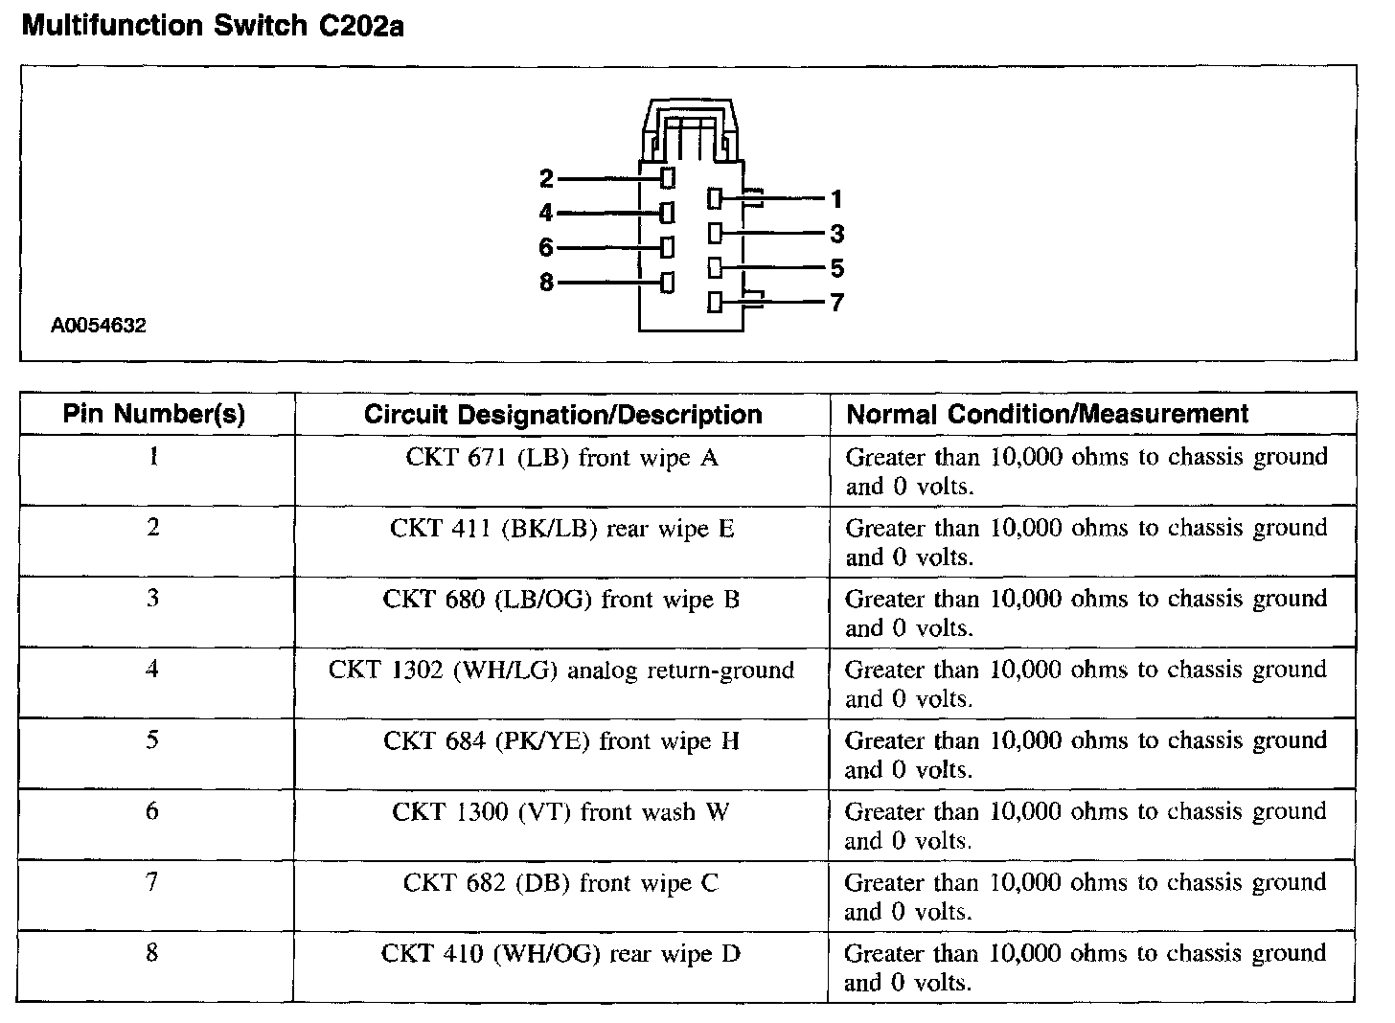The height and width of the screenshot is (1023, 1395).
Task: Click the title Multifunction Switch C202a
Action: click(x=212, y=26)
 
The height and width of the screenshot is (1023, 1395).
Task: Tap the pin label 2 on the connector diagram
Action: click(x=546, y=178)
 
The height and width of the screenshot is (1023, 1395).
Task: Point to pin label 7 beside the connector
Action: click(x=836, y=303)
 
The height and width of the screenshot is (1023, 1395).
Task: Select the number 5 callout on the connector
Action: click(x=836, y=268)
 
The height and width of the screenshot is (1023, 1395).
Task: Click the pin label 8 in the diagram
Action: click(x=546, y=284)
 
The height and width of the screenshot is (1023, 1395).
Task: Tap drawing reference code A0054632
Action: click(x=99, y=326)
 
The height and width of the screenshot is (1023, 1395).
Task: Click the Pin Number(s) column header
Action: click(x=154, y=414)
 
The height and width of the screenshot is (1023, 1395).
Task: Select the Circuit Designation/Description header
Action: click(x=562, y=415)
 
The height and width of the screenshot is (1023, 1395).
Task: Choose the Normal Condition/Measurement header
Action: click(x=1047, y=414)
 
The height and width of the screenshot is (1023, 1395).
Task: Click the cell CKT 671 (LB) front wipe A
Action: click(x=561, y=458)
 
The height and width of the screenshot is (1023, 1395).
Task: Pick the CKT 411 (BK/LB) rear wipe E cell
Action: click(x=561, y=529)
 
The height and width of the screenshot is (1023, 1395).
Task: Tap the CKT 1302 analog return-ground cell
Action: click(x=561, y=670)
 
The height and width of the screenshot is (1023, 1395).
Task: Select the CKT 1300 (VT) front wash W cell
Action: click(x=561, y=812)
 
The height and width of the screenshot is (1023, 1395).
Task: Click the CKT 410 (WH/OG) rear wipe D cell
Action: click(x=561, y=954)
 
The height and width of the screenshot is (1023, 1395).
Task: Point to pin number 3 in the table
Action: click(x=153, y=599)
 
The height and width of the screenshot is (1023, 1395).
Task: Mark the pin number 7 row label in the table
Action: click(x=152, y=881)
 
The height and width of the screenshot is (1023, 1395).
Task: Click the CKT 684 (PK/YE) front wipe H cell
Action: click(x=561, y=741)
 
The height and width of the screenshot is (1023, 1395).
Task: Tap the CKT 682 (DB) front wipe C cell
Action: click(x=561, y=883)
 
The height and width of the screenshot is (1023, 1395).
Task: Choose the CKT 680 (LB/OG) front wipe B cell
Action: click(x=561, y=600)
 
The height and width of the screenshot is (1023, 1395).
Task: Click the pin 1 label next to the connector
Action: click(x=836, y=199)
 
